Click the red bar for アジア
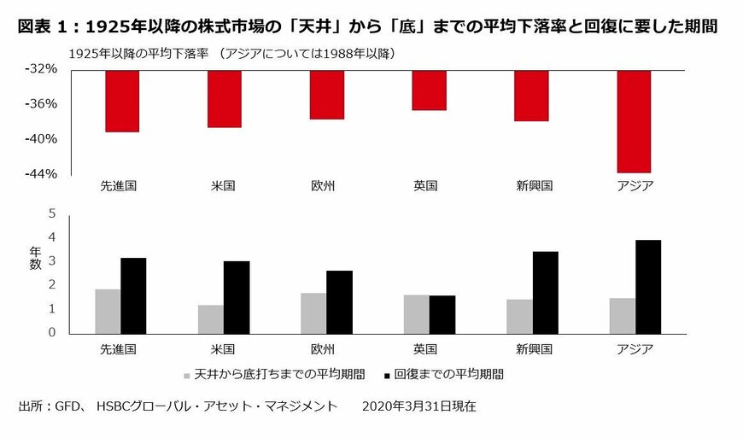point(634,121)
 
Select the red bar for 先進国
point(121,101)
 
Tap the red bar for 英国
point(429,91)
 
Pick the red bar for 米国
point(224,99)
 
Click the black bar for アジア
point(647,286)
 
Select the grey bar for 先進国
point(108,311)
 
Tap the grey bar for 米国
point(210,318)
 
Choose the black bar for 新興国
point(545,292)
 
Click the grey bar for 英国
point(416,313)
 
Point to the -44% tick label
point(39,173)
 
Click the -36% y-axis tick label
point(39,103)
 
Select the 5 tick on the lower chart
point(50,213)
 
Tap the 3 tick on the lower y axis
point(50,261)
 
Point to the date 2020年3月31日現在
point(419,406)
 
